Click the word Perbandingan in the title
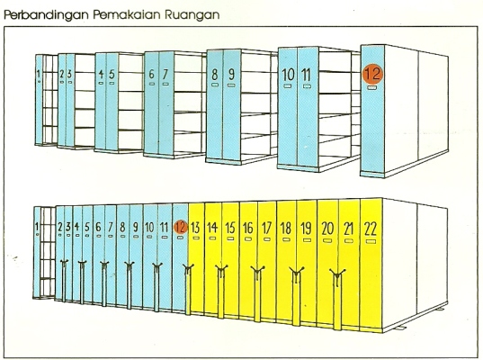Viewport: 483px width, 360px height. [46, 15]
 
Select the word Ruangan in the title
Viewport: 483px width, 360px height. [192, 15]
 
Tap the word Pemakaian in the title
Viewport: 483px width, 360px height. [127, 14]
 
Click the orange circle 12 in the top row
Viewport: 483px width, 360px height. [372, 74]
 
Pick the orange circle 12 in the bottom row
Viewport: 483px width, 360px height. [181, 227]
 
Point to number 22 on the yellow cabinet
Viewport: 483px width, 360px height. [371, 229]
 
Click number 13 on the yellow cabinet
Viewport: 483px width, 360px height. [195, 228]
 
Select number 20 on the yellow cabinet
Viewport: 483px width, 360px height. [327, 229]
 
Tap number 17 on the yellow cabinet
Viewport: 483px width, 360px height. [267, 229]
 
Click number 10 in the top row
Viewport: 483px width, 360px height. [289, 75]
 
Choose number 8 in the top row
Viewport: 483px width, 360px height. [215, 75]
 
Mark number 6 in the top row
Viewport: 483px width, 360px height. [151, 74]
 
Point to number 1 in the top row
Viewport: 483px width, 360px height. [39, 74]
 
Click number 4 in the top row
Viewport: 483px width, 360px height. [101, 74]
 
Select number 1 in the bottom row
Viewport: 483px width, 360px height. [37, 227]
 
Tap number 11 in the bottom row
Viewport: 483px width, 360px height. [165, 228]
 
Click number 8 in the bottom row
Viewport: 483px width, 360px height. [122, 227]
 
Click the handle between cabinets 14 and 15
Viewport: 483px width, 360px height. [221, 270]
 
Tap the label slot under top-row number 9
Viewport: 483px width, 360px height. [231, 85]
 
